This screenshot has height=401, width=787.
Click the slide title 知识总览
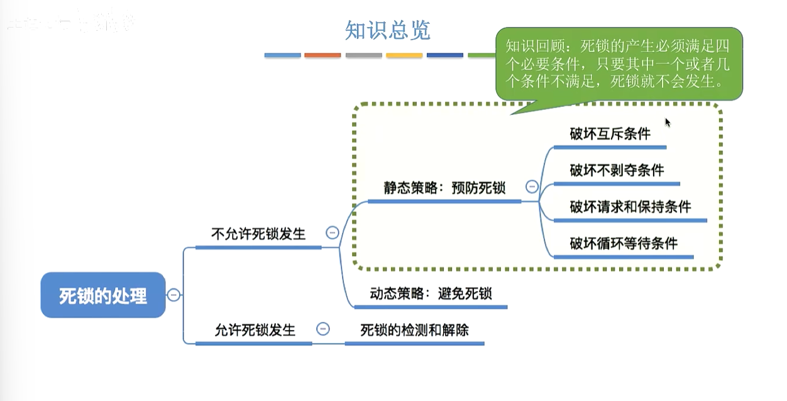pyautogui.click(x=387, y=30)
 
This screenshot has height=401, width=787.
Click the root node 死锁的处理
pyautogui.click(x=103, y=295)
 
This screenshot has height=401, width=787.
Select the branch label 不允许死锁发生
pyautogui.click(x=258, y=234)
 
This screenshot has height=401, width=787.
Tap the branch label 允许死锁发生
pyautogui.click(x=255, y=329)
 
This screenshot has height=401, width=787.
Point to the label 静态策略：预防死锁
pyautogui.click(x=444, y=187)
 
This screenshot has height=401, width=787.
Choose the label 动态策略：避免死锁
pyautogui.click(x=431, y=294)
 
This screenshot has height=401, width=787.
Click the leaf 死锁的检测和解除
pyautogui.click(x=414, y=329)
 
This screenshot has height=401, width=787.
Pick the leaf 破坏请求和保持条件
pyautogui.click(x=630, y=206)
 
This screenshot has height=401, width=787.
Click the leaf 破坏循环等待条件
pyautogui.click(x=624, y=243)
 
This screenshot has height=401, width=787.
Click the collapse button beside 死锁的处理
pyautogui.click(x=174, y=295)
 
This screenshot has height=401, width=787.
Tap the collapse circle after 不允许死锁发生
pyautogui.click(x=333, y=233)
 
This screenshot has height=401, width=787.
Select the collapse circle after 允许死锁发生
pyautogui.click(x=323, y=329)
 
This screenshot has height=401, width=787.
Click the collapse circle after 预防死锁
pyautogui.click(x=532, y=187)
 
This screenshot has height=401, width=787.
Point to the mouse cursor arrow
pyautogui.click(x=668, y=122)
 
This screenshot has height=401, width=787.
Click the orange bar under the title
pyautogui.click(x=322, y=55)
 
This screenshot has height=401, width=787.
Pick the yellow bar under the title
pyautogui.click(x=404, y=55)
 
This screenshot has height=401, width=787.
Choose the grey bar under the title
pyautogui.click(x=363, y=55)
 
